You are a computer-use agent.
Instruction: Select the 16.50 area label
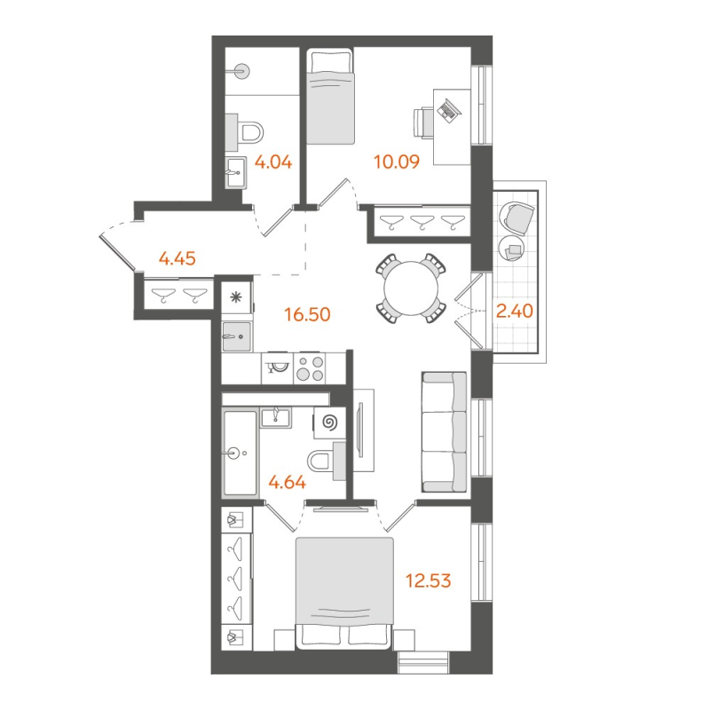[x=304, y=313]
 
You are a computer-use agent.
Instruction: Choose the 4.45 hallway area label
[x=177, y=259]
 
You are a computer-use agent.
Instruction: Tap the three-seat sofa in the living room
[x=444, y=431]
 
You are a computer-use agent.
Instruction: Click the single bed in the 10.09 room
[x=330, y=98]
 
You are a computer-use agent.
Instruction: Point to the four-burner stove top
[x=310, y=367]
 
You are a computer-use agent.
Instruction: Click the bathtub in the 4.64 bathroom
[x=240, y=453]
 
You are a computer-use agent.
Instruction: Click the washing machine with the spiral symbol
[x=330, y=423]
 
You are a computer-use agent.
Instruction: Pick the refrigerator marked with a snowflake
[x=236, y=298]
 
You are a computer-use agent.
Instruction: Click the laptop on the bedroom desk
[x=447, y=110]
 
